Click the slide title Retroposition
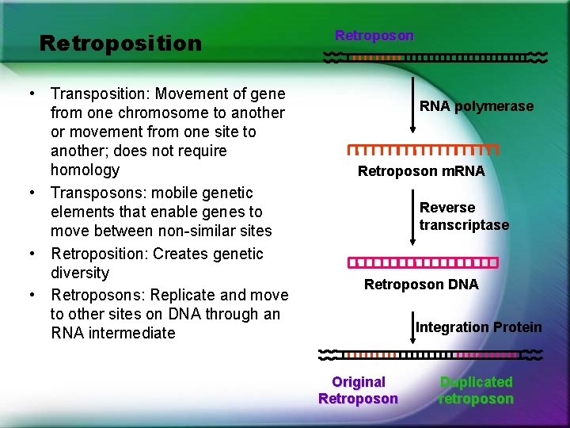point(120,43)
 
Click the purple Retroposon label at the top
point(374,36)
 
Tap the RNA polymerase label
point(476,106)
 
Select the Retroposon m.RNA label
point(421,171)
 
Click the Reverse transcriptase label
point(464,216)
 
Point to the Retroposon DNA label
point(421,285)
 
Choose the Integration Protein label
point(478,327)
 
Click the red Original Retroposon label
point(358,391)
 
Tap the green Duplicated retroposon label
point(476,391)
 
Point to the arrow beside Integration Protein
point(412,325)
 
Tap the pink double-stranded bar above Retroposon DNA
point(424,262)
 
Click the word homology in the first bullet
point(85,170)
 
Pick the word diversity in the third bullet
point(79,273)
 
